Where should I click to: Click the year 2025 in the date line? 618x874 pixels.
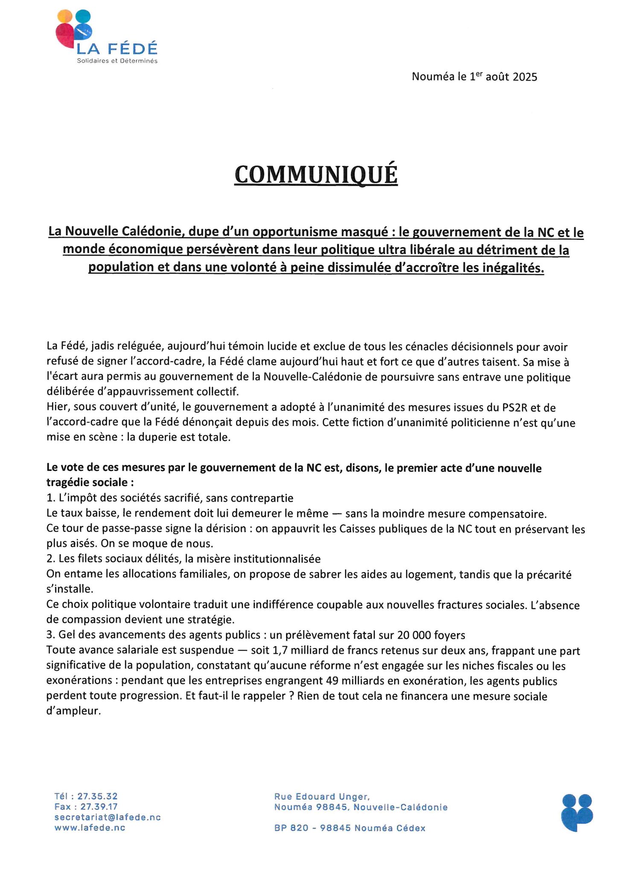point(525,77)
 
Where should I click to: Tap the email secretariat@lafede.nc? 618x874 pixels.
point(108,817)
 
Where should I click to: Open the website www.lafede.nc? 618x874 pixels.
point(90,827)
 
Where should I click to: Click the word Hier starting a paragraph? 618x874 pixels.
point(57,408)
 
